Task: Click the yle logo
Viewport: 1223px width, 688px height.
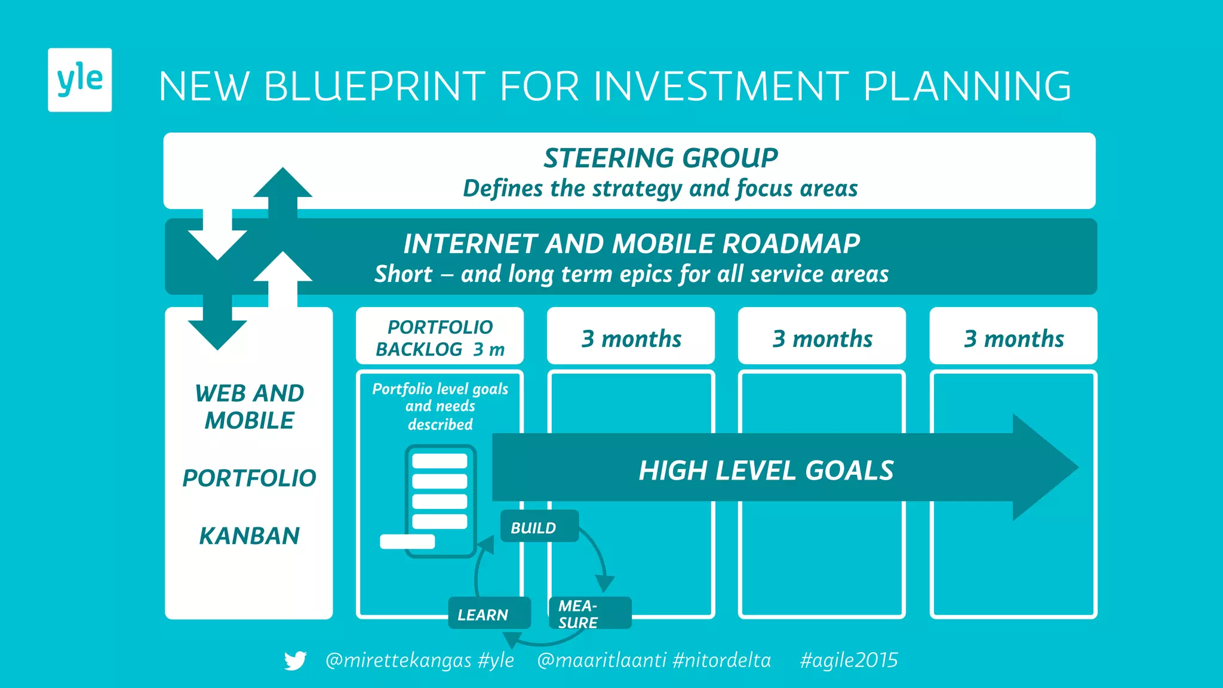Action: tap(79, 79)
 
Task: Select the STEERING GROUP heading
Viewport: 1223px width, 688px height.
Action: tap(660, 158)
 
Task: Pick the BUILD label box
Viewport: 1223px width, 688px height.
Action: tap(539, 527)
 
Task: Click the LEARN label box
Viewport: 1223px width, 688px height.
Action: tap(488, 614)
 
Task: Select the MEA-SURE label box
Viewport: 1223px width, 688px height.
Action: tap(589, 613)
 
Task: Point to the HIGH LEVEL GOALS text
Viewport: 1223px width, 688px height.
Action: tap(766, 471)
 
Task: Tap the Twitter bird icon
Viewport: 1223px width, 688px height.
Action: tap(295, 661)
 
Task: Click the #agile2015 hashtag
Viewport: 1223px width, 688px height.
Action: tap(849, 661)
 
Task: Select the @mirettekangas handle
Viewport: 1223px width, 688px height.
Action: tap(398, 661)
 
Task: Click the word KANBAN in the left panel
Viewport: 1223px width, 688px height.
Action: tap(249, 536)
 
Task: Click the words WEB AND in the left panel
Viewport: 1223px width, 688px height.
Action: tap(249, 394)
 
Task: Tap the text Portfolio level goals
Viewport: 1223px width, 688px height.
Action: tap(440, 389)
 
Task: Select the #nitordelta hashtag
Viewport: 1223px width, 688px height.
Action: tap(721, 661)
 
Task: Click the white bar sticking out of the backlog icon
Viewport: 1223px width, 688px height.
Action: tap(407, 542)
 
